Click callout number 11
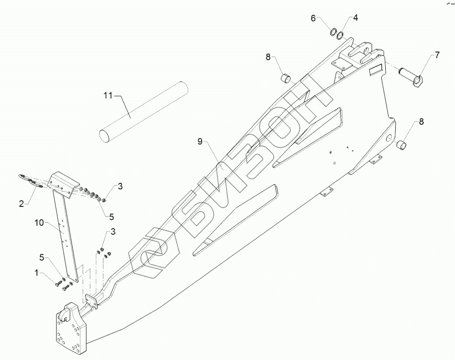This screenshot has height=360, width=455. (x=108, y=95)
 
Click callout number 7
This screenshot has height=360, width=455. (x=437, y=55)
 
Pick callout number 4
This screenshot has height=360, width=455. (x=355, y=18)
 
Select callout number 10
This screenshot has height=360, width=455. (x=39, y=223)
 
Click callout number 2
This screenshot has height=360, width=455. (x=22, y=204)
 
